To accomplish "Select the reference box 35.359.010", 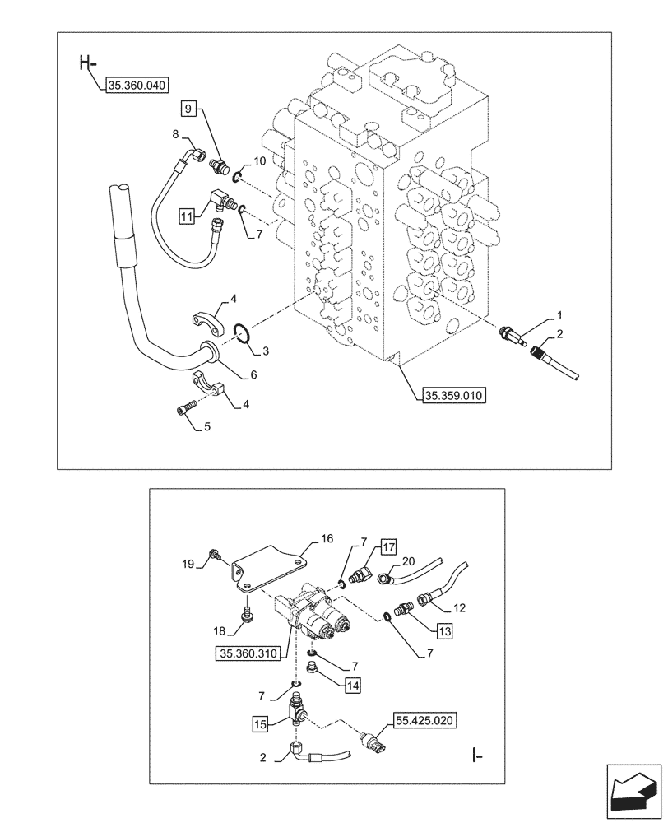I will pos(454,396).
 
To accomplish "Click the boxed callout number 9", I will pos(188,108).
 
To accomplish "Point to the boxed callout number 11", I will pos(188,216).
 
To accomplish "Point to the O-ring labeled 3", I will pos(240,332).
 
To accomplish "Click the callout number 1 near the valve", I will pos(559,314).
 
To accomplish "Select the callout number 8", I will pos(175,133).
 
